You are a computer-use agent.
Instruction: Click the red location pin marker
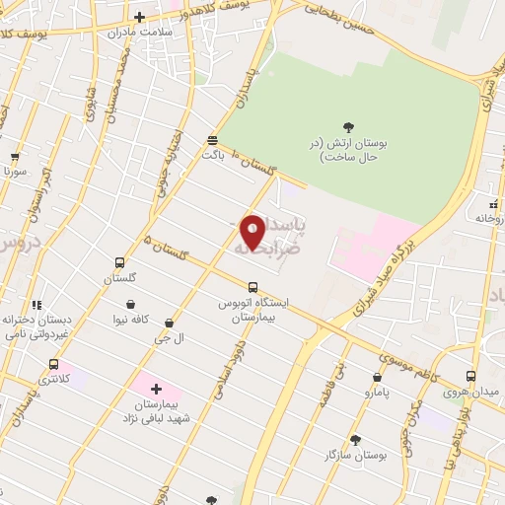coord(252,232)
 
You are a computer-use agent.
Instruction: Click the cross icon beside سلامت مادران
coord(139,17)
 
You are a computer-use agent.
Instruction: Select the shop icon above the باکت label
coord(213,140)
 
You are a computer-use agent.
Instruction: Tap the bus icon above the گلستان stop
coord(119,263)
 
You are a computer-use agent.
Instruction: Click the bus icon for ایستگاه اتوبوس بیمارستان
coord(253,288)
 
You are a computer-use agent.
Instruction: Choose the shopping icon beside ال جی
coord(170,322)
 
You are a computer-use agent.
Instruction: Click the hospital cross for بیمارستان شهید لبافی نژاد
coord(156,389)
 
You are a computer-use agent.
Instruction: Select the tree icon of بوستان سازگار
coord(355,439)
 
